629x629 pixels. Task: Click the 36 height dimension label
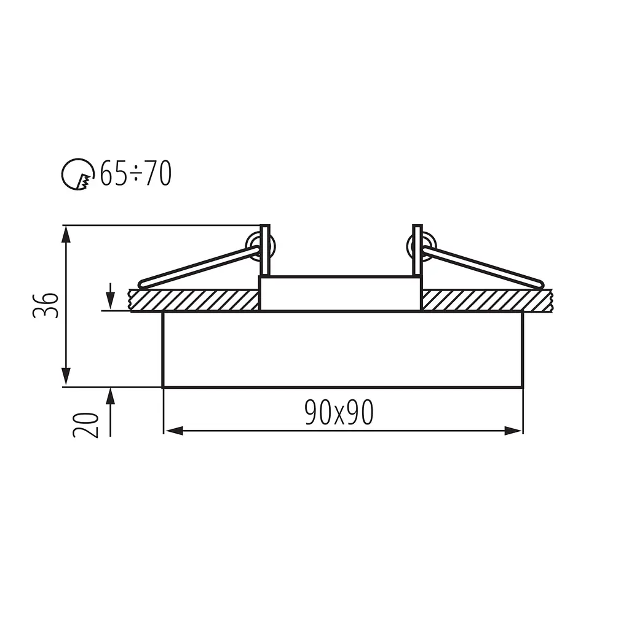[46, 305]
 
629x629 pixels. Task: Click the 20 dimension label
[86, 424]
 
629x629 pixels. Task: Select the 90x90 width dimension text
[339, 413]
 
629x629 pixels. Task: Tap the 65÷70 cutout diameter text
[135, 174]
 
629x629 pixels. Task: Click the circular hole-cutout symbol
[76, 174]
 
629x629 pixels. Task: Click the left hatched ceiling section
[194, 300]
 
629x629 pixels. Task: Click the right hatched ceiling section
[486, 300]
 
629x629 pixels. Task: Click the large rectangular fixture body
[342, 349]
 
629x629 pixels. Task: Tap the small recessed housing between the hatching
[340, 294]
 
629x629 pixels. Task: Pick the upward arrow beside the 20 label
[110, 397]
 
